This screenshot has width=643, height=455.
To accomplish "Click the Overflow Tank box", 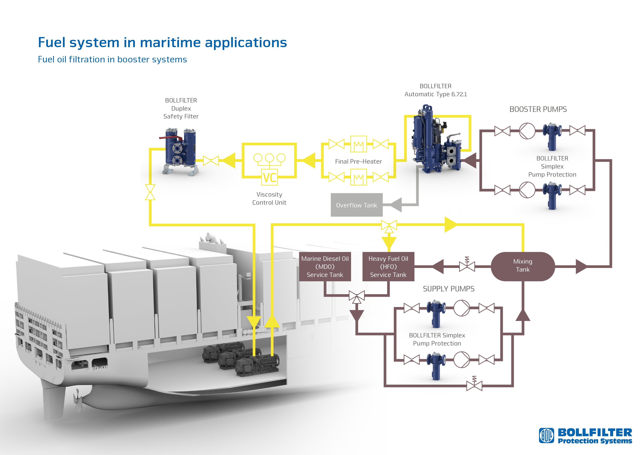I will pyautogui.click(x=357, y=205).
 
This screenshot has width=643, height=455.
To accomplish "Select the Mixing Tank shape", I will pyautogui.click(x=523, y=266).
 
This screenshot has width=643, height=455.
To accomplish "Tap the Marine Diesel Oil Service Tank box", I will pyautogui.click(x=325, y=266).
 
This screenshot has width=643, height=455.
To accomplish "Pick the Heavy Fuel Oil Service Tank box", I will pyautogui.click(x=388, y=266).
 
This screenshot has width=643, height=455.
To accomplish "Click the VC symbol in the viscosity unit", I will pyautogui.click(x=269, y=177).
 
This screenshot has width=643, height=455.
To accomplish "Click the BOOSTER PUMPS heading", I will pyautogui.click(x=538, y=109).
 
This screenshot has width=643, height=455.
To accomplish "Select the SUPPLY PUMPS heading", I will pyautogui.click(x=448, y=289).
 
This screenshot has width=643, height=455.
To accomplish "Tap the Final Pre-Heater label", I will pyautogui.click(x=358, y=161).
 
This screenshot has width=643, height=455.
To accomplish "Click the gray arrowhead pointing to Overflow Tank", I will pyautogui.click(x=396, y=205).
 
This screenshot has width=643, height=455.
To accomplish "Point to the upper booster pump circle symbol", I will pyautogui.click(x=527, y=131).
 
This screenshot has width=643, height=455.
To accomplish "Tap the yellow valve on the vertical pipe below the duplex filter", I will pyautogui.click(x=150, y=192).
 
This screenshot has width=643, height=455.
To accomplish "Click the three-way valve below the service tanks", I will pyautogui.click(x=357, y=296).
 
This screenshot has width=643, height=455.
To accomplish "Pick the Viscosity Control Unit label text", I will pyautogui.click(x=269, y=198).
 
